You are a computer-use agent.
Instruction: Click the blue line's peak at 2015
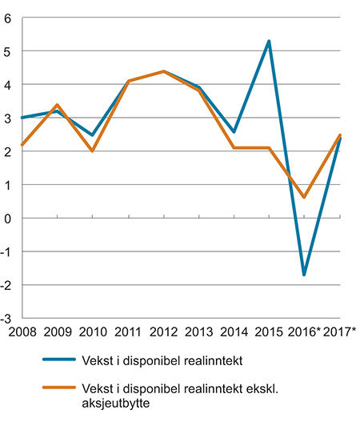click(269, 41)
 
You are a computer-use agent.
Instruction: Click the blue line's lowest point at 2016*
click(305, 275)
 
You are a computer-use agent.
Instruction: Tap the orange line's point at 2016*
click(305, 197)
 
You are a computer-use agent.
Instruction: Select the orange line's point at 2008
click(22, 145)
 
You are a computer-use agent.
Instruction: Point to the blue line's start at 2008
click(22, 118)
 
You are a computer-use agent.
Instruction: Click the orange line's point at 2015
click(269, 148)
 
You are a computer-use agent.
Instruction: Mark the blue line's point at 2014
click(234, 131)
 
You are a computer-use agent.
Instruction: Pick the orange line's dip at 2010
click(92, 151)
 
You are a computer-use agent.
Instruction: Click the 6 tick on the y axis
click(10, 18)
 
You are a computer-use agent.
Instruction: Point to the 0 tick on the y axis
click(10, 218)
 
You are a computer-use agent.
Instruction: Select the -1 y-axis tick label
click(7, 251)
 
